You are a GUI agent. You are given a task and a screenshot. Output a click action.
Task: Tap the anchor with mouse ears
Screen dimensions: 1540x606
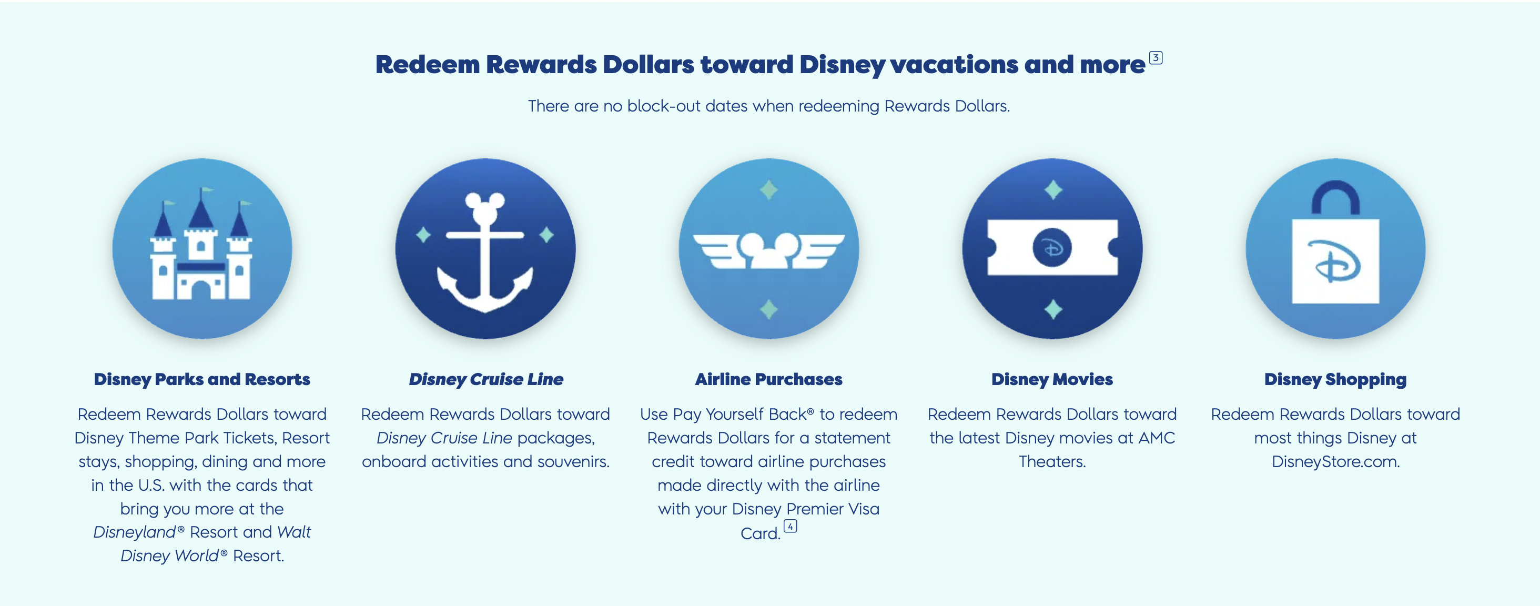point(485,251)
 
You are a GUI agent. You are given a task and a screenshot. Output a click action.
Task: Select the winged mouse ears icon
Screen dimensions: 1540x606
point(769,250)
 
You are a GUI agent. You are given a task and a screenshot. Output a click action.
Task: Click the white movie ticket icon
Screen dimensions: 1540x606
point(1052,247)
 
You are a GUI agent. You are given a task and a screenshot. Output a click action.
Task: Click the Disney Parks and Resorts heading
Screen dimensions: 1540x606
point(202,379)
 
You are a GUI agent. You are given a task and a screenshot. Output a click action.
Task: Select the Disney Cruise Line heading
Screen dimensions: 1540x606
point(485,379)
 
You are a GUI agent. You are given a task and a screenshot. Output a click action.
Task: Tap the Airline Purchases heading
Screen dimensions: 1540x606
point(769,379)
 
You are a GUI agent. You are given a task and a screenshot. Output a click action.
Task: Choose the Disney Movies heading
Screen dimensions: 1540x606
point(1052,379)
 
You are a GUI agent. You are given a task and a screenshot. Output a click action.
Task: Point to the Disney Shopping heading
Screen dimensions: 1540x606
point(1335,379)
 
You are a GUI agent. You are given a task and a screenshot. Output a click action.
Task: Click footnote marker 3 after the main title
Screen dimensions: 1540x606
point(1156,58)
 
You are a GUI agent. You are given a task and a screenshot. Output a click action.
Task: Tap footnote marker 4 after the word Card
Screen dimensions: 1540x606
point(791,527)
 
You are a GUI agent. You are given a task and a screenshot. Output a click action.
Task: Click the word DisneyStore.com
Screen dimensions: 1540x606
point(1335,461)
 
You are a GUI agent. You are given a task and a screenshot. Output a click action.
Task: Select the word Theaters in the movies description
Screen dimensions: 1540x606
point(1052,461)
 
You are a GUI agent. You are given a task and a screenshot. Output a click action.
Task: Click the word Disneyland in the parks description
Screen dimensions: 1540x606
point(135,532)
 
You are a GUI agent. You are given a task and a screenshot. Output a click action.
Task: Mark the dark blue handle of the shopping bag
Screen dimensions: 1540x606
point(1335,197)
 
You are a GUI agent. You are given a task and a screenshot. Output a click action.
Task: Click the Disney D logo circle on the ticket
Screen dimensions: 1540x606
point(1052,247)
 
